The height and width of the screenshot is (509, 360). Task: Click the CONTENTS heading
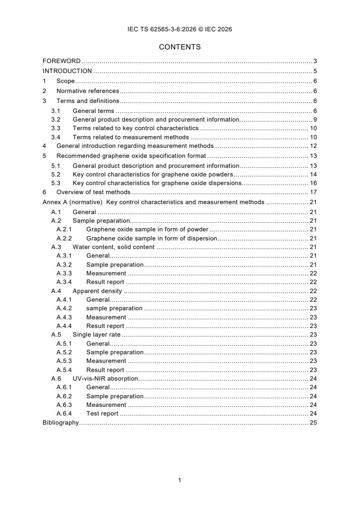pyautogui.click(x=180, y=47)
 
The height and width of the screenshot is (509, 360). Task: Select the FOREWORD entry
pyautogui.click(x=61, y=61)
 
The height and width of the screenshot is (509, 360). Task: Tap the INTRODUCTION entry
pyautogui.click(x=67, y=71)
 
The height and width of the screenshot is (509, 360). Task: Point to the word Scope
pyautogui.click(x=65, y=81)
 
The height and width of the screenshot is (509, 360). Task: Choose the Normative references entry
pyautogui.click(x=88, y=91)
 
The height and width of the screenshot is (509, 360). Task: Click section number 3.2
pyautogui.click(x=55, y=120)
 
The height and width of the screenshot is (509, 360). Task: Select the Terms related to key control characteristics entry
pyautogui.click(x=135, y=128)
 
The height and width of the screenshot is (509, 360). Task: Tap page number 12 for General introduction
pyautogui.click(x=313, y=146)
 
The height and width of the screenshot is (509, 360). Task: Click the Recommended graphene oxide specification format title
pyautogui.click(x=131, y=156)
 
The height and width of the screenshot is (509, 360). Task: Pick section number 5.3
pyautogui.click(x=55, y=183)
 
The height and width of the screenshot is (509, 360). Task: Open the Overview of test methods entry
pyautogui.click(x=94, y=192)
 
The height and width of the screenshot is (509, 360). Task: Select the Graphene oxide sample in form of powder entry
pyautogui.click(x=147, y=230)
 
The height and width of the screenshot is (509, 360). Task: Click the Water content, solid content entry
pyautogui.click(x=113, y=247)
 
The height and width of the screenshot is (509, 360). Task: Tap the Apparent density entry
pyautogui.click(x=97, y=291)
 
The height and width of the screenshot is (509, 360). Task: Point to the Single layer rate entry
pyautogui.click(x=96, y=335)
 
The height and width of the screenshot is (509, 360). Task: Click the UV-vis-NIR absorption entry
pyautogui.click(x=105, y=378)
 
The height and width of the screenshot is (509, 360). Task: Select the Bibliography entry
pyautogui.click(x=60, y=422)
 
